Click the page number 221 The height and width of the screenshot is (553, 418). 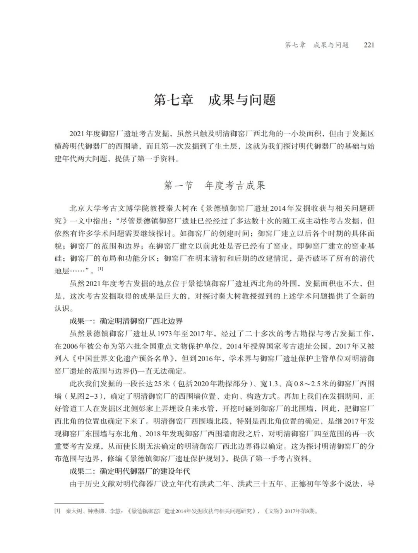coord(369,45)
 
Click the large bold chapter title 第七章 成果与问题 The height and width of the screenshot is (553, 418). coord(214,100)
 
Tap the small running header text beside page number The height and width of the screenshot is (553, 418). coord(317,45)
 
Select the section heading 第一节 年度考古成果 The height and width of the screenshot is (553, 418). coord(214,186)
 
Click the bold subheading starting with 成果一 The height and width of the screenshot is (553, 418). coord(126,321)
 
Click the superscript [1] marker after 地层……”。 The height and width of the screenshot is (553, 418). coord(100,269)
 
